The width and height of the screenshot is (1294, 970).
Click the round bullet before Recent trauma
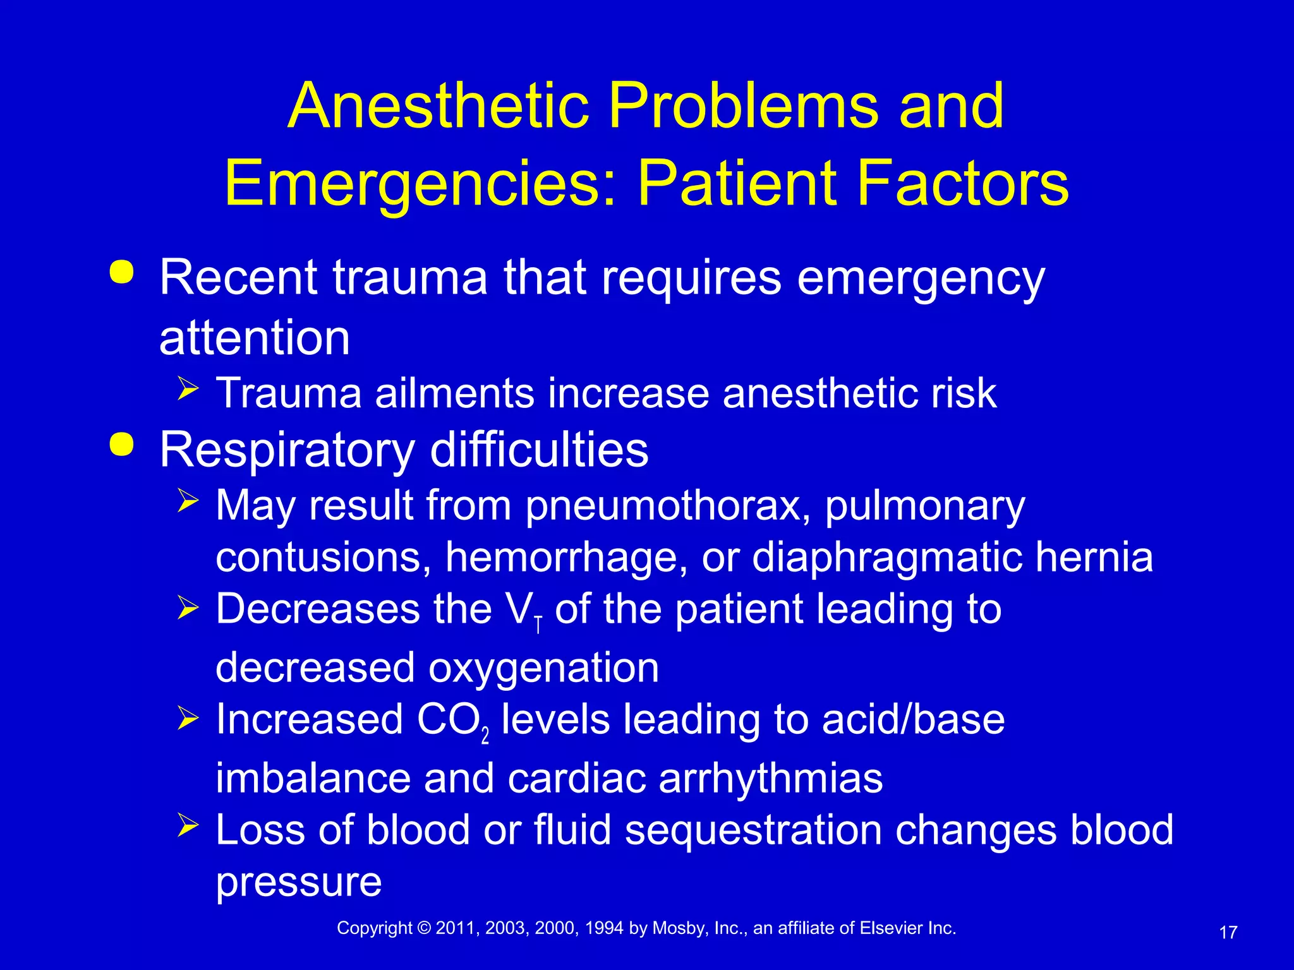tap(121, 273)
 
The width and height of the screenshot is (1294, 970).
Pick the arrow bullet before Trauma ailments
tap(188, 388)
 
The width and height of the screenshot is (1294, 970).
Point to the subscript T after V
tap(538, 625)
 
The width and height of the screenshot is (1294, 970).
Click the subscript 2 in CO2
tap(485, 736)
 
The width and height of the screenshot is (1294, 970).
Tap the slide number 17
tap(1228, 933)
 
